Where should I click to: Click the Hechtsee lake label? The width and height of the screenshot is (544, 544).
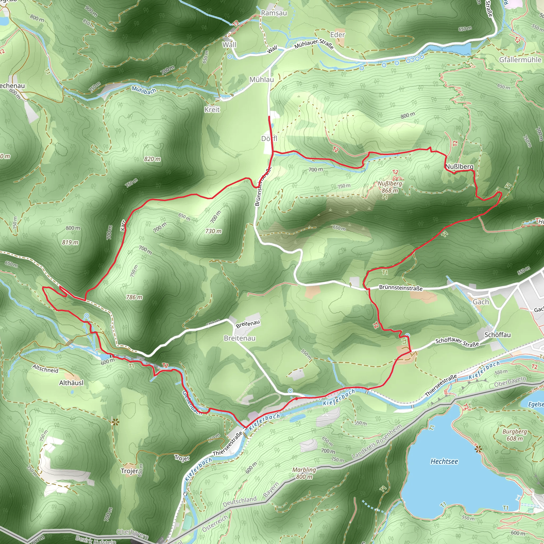tap(444, 461)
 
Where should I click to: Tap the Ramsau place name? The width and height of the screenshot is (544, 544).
tap(274, 13)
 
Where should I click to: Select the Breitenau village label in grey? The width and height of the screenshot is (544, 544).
tap(240, 338)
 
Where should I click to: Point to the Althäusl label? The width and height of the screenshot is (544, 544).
tap(71, 383)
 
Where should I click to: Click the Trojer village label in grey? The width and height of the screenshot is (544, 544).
tap(130, 471)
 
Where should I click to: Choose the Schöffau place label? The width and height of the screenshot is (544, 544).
tap(497, 335)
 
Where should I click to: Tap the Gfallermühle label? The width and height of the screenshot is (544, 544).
tap(520, 60)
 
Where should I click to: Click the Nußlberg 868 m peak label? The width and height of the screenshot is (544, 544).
tap(390, 187)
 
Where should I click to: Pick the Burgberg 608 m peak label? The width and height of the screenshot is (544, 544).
tap(515, 435)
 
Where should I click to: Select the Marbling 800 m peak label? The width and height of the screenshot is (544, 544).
tap(304, 473)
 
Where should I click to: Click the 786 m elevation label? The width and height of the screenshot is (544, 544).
tap(134, 297)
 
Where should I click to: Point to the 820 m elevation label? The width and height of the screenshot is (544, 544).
tap(152, 159)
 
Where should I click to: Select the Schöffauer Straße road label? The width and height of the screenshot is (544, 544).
tap(457, 342)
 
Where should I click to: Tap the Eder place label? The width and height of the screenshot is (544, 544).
tap(337, 35)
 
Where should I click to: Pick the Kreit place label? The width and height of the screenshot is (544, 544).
tap(212, 109)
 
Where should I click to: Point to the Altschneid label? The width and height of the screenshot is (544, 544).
tap(45, 369)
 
